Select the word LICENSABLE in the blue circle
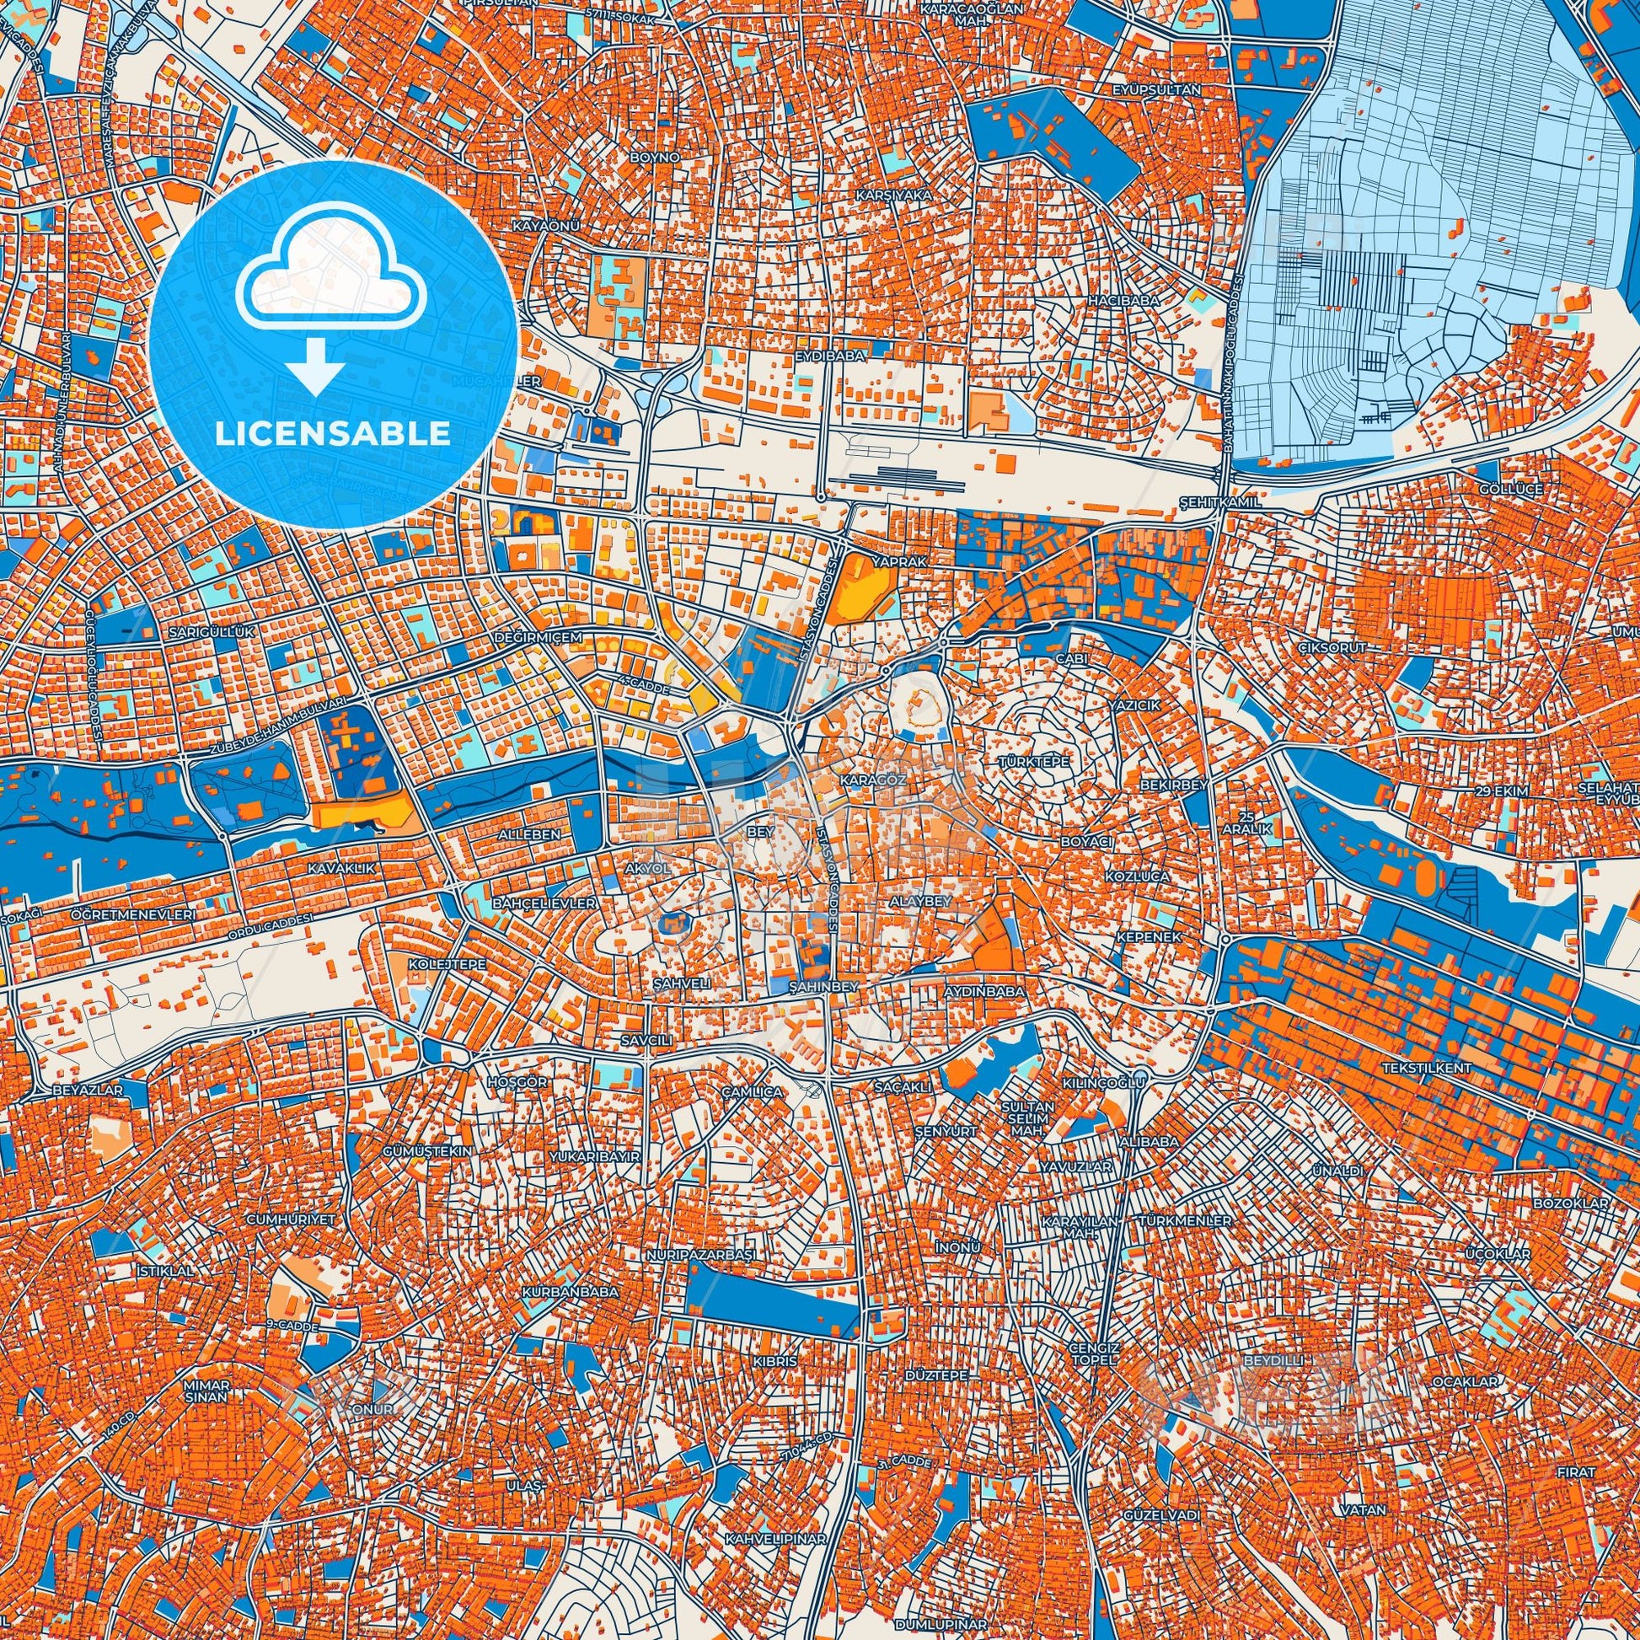[333, 434]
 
